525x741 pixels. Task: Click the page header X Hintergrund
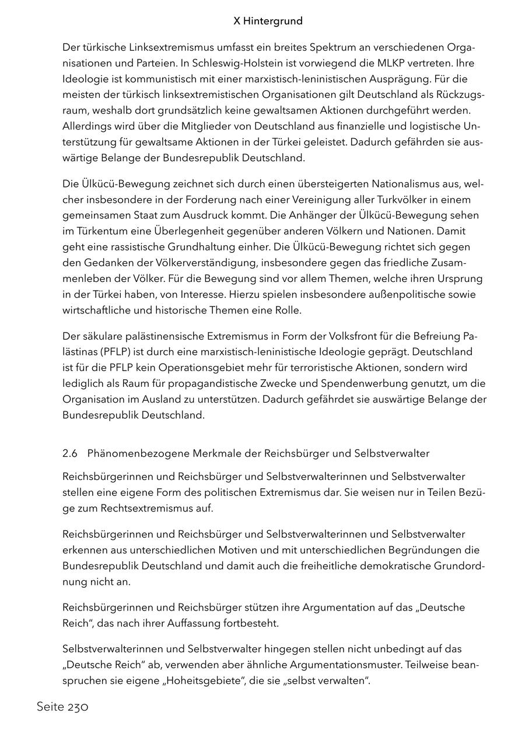pos(268,21)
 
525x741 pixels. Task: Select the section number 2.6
pos(70,453)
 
